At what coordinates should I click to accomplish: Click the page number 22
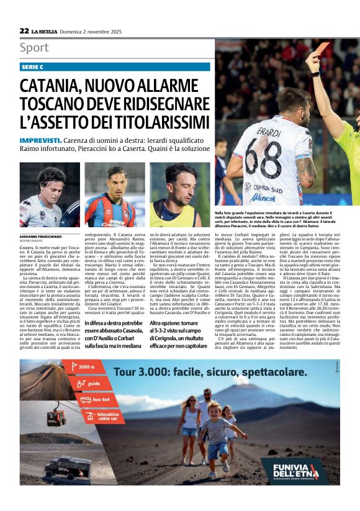tap(24, 30)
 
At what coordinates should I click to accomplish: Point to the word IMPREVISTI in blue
tap(40, 141)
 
